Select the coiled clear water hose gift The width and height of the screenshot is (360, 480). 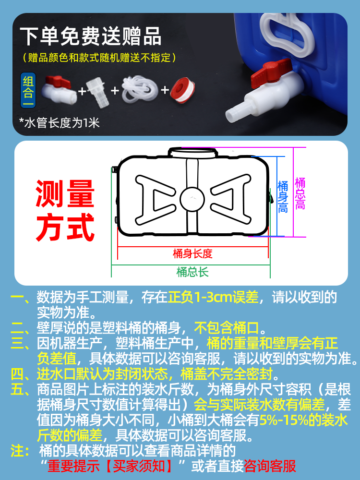[x=140, y=89]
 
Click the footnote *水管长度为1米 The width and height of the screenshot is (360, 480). [x=59, y=122]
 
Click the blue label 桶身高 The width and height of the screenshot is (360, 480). [x=283, y=196]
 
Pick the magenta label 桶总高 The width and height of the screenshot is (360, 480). [x=300, y=193]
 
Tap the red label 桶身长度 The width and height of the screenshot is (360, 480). [x=192, y=253]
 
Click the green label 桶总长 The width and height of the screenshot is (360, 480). [x=192, y=272]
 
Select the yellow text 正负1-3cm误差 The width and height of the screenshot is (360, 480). [x=213, y=298]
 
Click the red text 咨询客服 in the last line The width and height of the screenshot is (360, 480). [x=270, y=465]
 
